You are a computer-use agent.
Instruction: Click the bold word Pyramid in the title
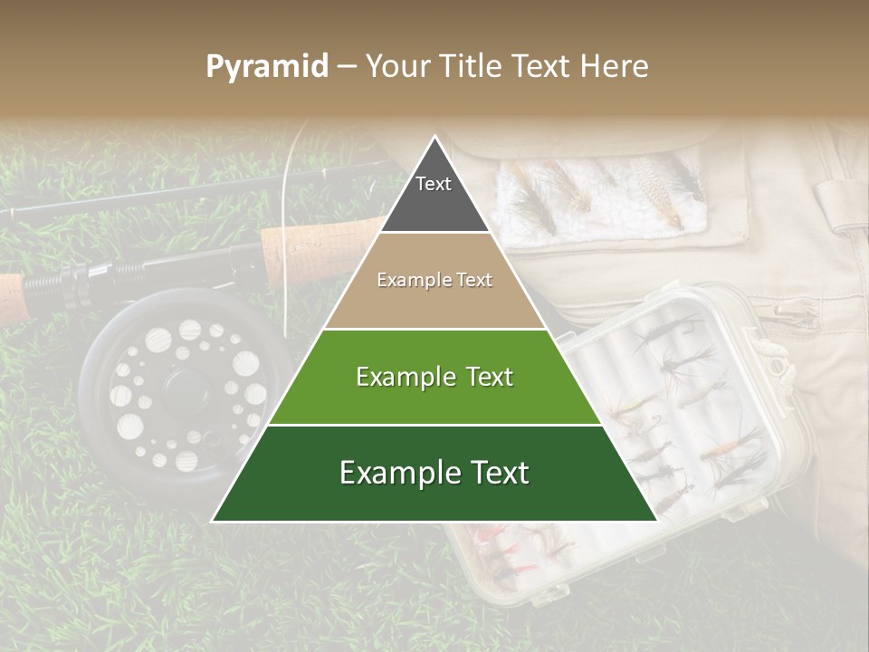[266, 67]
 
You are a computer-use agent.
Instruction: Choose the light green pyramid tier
[434, 377]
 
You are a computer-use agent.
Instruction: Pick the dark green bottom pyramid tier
[434, 474]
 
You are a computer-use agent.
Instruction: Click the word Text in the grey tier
[434, 184]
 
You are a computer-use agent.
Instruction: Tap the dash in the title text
[347, 67]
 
